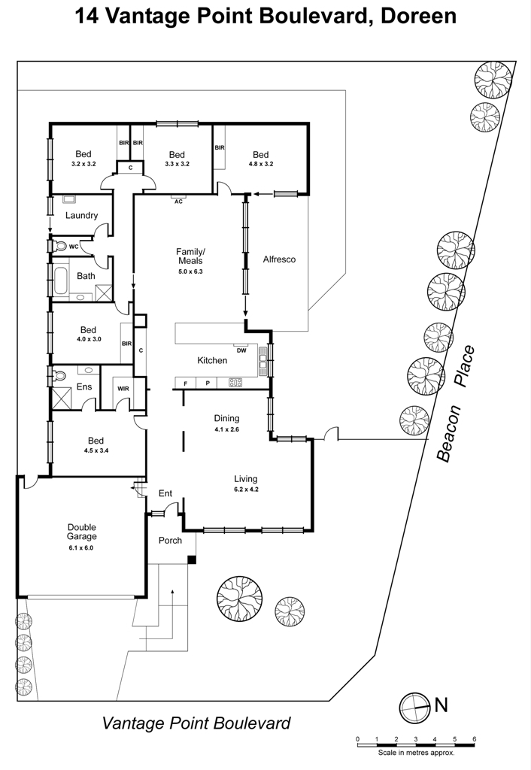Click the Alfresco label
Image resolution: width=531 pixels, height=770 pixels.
[x=279, y=259]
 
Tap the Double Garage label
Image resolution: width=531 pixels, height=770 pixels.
[x=81, y=532]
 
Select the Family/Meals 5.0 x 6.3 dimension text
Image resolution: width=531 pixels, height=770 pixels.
[x=190, y=271]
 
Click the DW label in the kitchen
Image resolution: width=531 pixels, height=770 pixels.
[x=241, y=350]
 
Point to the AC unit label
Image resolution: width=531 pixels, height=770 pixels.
[x=179, y=202]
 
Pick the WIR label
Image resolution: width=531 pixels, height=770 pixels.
[x=123, y=389]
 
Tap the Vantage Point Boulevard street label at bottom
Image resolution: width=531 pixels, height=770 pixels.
[x=196, y=723]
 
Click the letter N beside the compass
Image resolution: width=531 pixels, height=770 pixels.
[x=441, y=705]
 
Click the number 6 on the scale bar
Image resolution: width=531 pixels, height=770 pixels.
[x=474, y=739]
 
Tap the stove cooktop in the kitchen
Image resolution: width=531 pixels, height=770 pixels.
[x=235, y=383]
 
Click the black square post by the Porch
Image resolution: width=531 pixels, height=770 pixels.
[x=193, y=559]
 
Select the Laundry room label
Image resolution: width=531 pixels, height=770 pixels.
[x=81, y=215]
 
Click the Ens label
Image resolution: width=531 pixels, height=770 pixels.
[x=84, y=387]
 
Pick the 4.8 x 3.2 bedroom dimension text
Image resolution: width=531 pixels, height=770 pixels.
[x=261, y=164]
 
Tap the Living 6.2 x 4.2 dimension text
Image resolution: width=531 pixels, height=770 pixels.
[x=246, y=489]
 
